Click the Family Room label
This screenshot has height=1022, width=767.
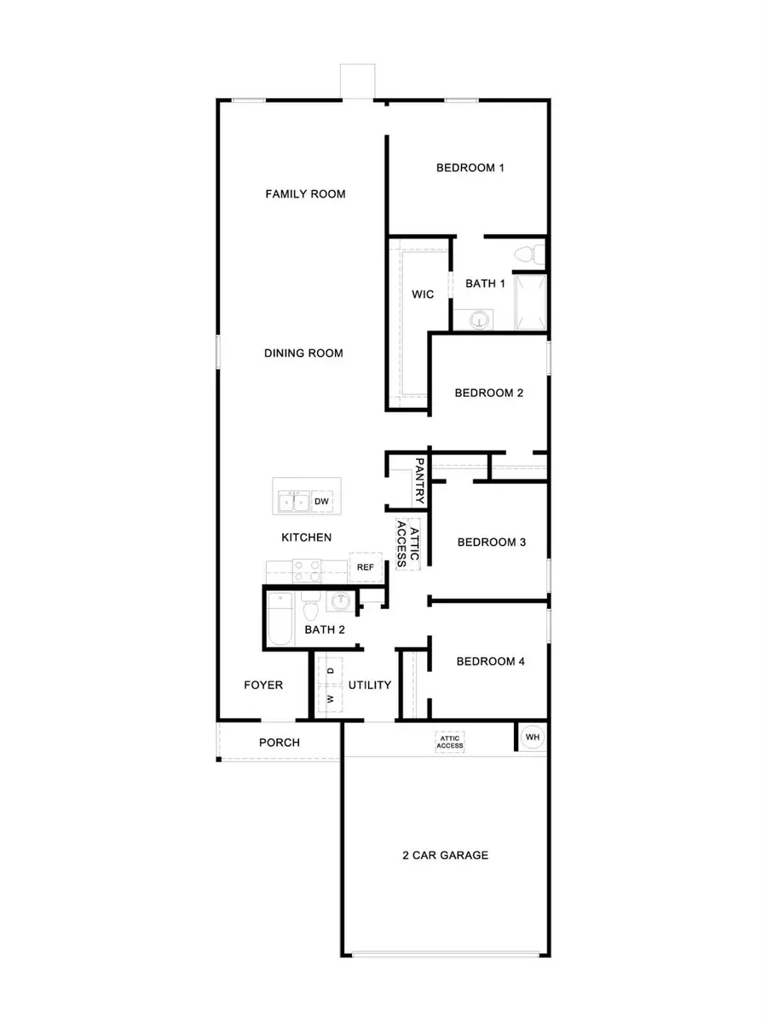tap(305, 194)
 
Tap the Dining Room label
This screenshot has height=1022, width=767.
tap(303, 353)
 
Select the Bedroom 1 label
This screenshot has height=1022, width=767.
tap(470, 168)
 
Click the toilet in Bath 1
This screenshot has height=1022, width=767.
tap(530, 253)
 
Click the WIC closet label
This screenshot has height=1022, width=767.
tap(423, 295)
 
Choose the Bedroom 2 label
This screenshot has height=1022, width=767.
tap(488, 393)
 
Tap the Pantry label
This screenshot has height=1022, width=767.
tap(419, 480)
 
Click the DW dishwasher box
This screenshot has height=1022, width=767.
tap(321, 502)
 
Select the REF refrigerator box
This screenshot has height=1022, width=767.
tap(365, 567)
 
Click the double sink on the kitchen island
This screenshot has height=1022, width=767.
tap(292, 502)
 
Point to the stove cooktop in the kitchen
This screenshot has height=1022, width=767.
tap(307, 569)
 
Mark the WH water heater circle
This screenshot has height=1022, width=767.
tap(532, 737)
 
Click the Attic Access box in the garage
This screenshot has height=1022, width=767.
tap(450, 742)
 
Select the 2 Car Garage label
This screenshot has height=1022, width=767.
tap(446, 855)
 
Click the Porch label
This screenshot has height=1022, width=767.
tap(280, 743)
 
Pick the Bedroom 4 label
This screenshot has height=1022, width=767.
tap(490, 662)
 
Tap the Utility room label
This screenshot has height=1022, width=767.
tap(370, 685)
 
